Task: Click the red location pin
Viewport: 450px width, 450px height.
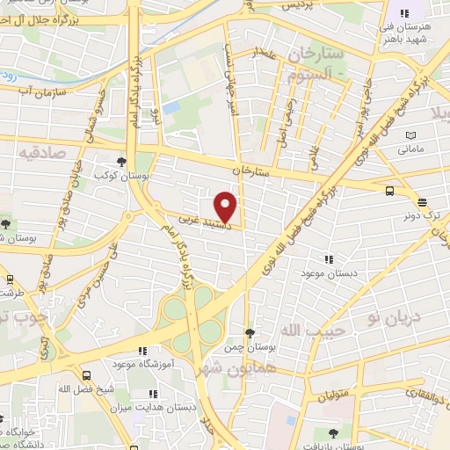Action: click(x=226, y=206)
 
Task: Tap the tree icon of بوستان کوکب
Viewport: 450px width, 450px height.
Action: click(x=121, y=162)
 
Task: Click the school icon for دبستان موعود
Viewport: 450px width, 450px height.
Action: click(x=328, y=258)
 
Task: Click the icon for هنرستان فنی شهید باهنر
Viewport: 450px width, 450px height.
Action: click(x=405, y=13)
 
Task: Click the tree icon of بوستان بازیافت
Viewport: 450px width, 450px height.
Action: click(x=332, y=432)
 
